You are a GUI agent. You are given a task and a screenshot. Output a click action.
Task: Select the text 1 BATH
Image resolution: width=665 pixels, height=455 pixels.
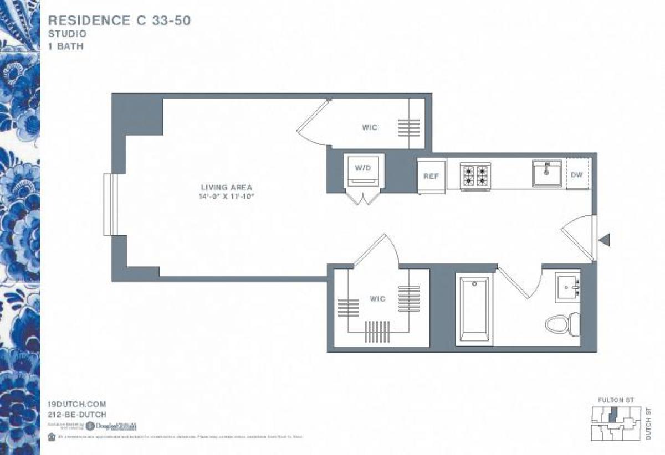pos(66,46)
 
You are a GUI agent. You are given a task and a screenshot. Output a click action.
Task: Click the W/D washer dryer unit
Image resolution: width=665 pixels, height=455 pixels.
pos(363,172)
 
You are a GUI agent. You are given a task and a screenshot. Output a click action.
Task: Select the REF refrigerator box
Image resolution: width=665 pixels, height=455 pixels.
pos(431,177)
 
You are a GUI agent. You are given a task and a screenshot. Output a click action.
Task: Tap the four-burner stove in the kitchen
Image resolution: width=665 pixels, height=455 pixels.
pos(475,176)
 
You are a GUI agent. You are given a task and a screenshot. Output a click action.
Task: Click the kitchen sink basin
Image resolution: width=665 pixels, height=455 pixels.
pos(547,173)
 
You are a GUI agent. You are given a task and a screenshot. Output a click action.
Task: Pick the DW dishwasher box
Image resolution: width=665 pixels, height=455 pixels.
pos(577,174)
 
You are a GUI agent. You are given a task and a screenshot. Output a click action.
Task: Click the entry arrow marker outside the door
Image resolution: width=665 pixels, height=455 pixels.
pos(605,240)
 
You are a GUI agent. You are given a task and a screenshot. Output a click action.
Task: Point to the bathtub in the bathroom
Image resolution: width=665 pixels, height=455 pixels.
pos(474,310)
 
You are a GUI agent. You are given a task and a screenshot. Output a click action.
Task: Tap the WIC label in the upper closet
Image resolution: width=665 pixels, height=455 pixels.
pos(370,128)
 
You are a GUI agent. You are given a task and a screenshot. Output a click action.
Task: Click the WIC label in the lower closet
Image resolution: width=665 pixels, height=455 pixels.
pos(378,299)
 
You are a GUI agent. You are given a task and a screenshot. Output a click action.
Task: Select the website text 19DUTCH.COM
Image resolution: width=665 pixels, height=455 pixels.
pos(77,405)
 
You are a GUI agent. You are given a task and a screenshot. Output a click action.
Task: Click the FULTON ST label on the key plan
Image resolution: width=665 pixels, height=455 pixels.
pos(616,400)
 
